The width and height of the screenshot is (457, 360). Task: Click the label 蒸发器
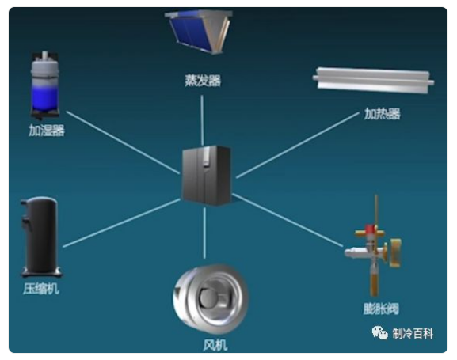203,81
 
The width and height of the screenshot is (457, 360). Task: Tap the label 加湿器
47,131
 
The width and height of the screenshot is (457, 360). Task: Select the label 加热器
383,113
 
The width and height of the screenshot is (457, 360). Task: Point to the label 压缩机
41,289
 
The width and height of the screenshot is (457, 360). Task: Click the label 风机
215,345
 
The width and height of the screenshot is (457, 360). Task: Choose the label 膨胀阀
381,309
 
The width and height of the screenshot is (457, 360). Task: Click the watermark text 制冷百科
413,333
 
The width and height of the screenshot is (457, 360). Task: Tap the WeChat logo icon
379,333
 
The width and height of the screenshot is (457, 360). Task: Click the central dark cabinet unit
207,175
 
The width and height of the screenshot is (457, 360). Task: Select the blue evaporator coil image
200,32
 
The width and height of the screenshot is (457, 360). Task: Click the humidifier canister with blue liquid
45,85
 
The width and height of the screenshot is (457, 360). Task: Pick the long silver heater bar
373,81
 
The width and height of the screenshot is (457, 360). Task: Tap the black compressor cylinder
41,237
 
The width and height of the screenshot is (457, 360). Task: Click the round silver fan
211,297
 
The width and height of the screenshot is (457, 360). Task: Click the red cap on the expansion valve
371,229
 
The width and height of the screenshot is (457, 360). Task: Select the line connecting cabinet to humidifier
124,142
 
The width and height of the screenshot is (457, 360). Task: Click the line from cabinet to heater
298,145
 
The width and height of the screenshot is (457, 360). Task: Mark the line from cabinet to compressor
121,223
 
